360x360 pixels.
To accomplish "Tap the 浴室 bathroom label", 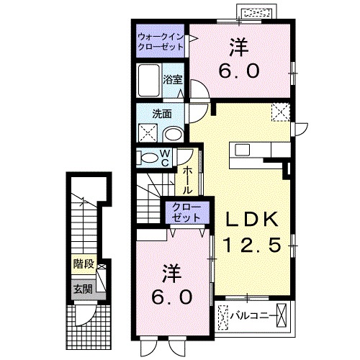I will [171, 78].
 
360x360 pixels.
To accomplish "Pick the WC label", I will [164, 157].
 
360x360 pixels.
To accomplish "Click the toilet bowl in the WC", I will [148, 158].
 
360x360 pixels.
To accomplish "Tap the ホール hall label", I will [186, 181].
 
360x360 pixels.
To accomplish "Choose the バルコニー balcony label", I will [253, 315].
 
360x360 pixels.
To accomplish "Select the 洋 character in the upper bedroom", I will [239, 48].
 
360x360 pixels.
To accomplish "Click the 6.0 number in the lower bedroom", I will [171, 297].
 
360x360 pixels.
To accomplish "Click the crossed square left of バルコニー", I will [224, 315].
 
